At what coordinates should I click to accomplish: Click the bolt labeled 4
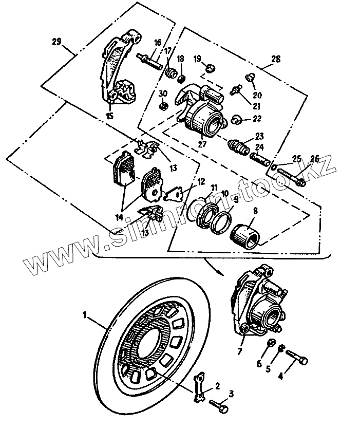(297, 357)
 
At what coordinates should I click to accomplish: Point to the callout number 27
(202, 144)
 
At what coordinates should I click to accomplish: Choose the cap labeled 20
(249, 78)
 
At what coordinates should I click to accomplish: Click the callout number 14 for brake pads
(119, 217)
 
